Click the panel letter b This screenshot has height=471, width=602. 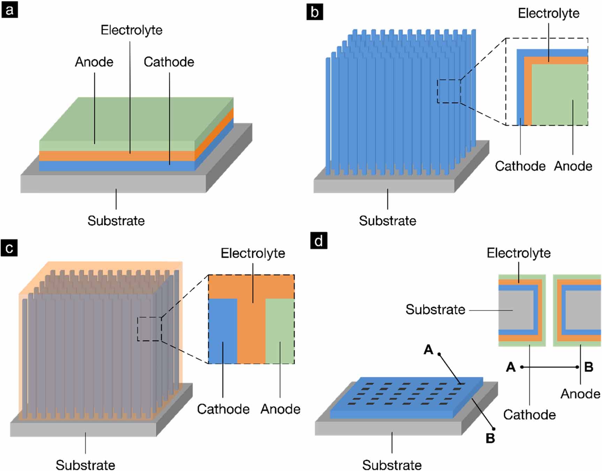[x=314, y=12]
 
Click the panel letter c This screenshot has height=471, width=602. [x=9, y=248]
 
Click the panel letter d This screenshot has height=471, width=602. [x=319, y=241]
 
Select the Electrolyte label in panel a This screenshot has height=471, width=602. [x=132, y=30]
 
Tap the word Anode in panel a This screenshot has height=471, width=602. [x=94, y=62]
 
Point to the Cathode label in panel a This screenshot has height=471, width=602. [x=169, y=62]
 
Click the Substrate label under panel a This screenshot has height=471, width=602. [x=116, y=220]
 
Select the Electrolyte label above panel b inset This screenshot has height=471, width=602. [x=548, y=14]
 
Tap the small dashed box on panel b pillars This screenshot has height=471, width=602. [x=449, y=91]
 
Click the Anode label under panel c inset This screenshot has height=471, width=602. [x=280, y=409]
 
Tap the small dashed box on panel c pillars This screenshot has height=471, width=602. [x=149, y=329]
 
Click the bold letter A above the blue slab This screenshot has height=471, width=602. [x=428, y=350]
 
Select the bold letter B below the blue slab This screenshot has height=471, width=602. [x=490, y=438]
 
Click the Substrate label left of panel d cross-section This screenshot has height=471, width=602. [x=435, y=309]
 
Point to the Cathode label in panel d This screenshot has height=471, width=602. [x=529, y=415]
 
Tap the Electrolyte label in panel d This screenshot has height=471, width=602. [x=519, y=253]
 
